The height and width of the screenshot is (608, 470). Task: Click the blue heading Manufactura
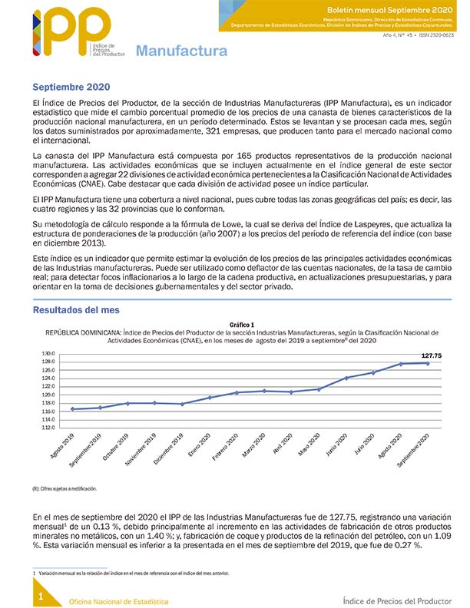coord(181,52)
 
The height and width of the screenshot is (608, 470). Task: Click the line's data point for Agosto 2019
coord(72,409)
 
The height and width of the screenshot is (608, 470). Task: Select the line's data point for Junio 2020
coord(346,378)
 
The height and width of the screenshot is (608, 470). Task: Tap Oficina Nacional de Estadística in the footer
coord(118,600)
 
